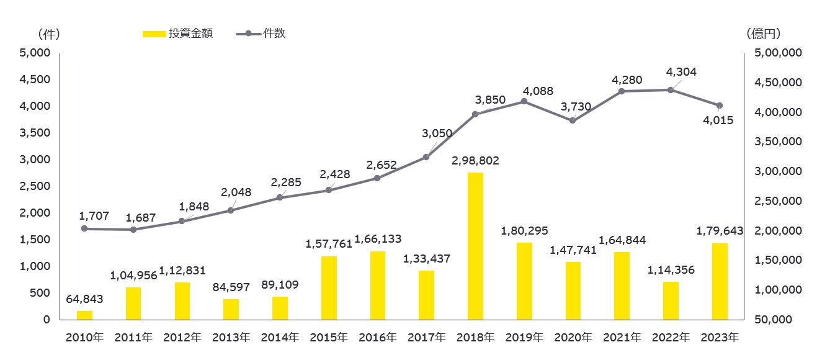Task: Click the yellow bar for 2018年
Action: pos(475,246)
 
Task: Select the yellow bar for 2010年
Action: pos(84,315)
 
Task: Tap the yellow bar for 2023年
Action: pos(720,281)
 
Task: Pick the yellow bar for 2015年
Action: pos(329,287)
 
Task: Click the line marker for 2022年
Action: pos(671,90)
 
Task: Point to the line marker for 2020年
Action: pos(573,120)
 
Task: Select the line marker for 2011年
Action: pos(133,230)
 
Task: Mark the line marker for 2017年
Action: pos(426,157)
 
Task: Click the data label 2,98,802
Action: pos(475,161)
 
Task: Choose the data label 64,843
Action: pos(84,299)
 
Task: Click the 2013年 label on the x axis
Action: pos(231,338)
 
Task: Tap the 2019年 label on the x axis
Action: pos(524,338)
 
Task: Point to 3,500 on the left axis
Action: pos(35,133)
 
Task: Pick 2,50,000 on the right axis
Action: pos(777,201)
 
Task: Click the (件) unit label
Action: pos(48,34)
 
